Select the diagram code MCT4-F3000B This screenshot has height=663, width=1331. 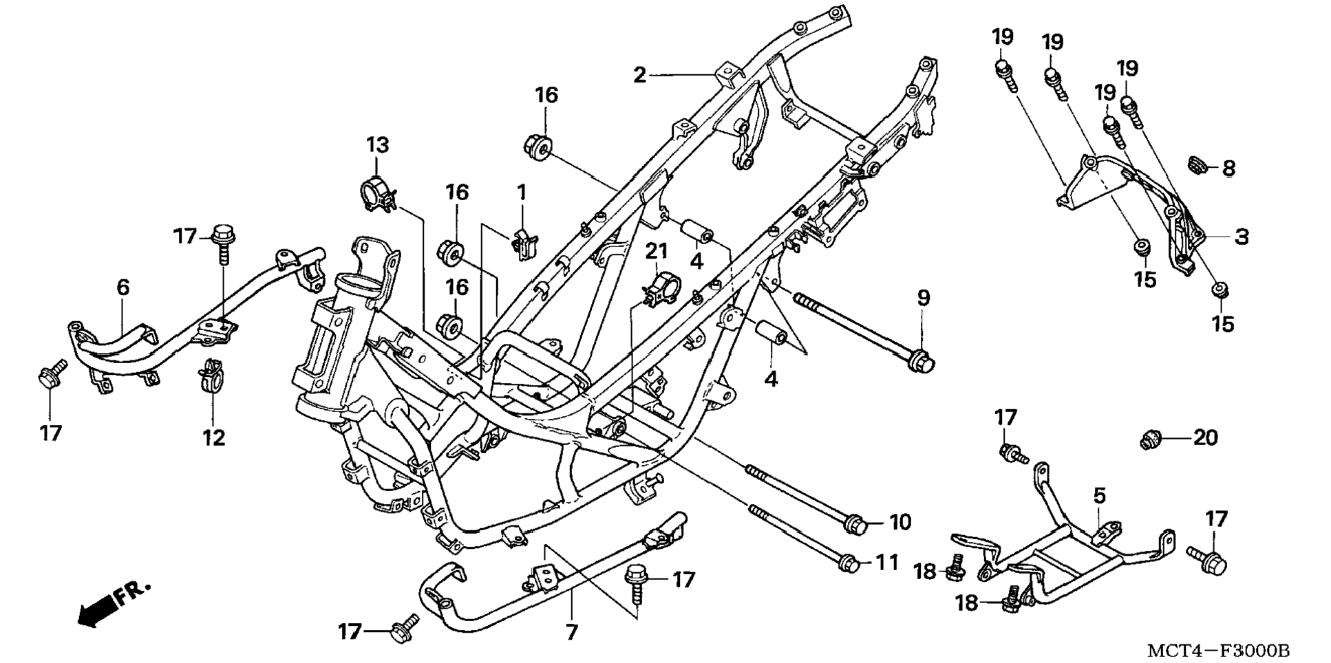tap(1218, 650)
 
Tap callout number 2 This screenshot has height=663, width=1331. tap(640, 75)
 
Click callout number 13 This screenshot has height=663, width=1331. tap(377, 145)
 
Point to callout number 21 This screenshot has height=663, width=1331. tap(656, 252)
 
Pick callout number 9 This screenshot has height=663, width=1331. tap(923, 298)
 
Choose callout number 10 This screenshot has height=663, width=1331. tap(899, 522)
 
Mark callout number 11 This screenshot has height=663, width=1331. tap(887, 562)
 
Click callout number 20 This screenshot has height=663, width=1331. tap(1205, 437)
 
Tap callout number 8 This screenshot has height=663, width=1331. tap(1228, 168)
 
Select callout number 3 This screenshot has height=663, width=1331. tap(1241, 237)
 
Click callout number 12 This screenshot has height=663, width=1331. tap(213, 437)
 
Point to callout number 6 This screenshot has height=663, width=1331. tap(123, 287)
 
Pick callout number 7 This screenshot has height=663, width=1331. tap(572, 631)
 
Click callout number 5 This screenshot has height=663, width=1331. tap(1099, 495)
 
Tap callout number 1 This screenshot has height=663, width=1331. tap(522, 193)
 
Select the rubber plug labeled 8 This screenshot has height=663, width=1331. tap(1198, 165)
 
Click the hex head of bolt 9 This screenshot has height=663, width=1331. tap(921, 361)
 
